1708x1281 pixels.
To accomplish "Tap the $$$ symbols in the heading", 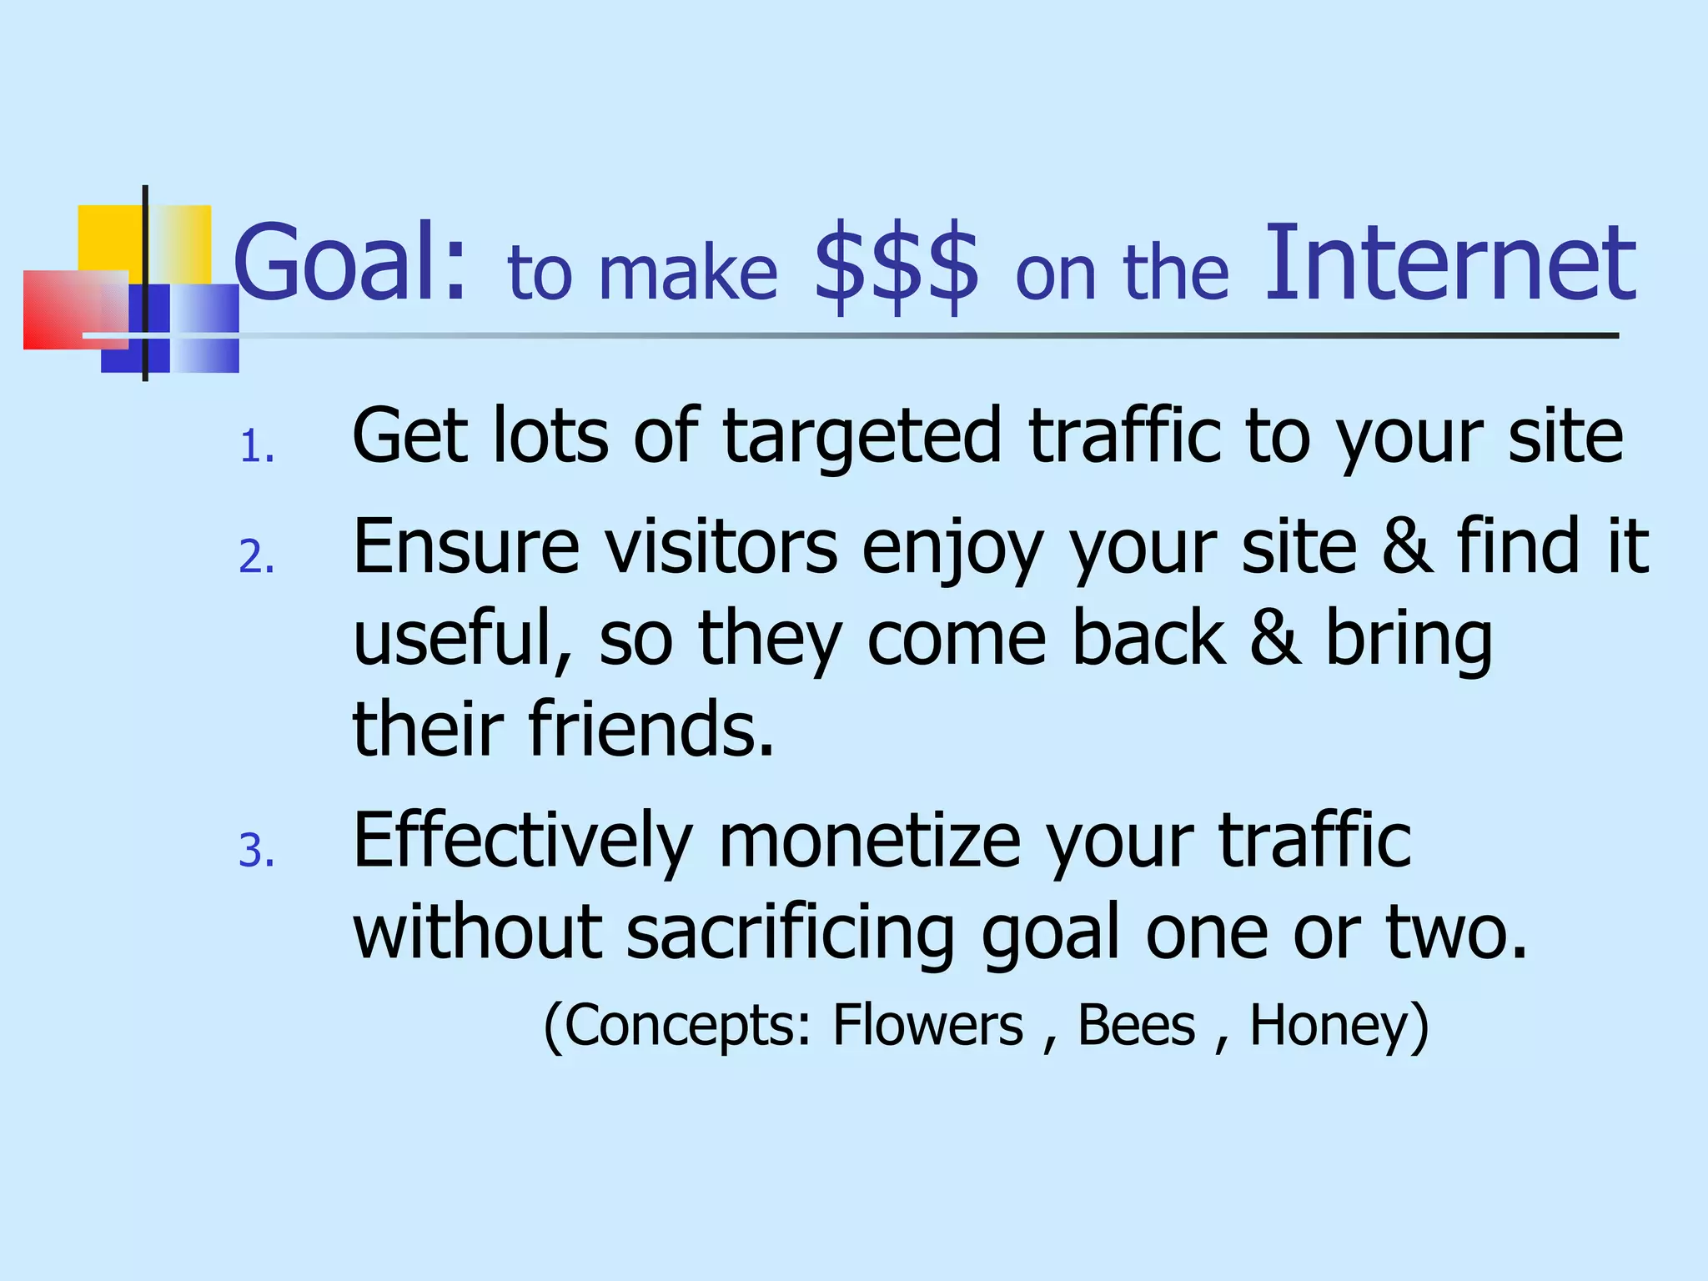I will tap(897, 267).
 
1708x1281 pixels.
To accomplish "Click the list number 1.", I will tap(256, 448).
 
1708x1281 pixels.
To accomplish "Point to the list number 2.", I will tap(256, 557).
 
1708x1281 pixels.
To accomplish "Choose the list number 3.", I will tap(256, 851).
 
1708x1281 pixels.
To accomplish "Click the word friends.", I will tap(651, 728).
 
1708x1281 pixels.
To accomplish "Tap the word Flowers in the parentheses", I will tap(927, 1025).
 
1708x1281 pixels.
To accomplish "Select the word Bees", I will tap(1136, 1025).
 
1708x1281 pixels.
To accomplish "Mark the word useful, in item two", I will tap(464, 638).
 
